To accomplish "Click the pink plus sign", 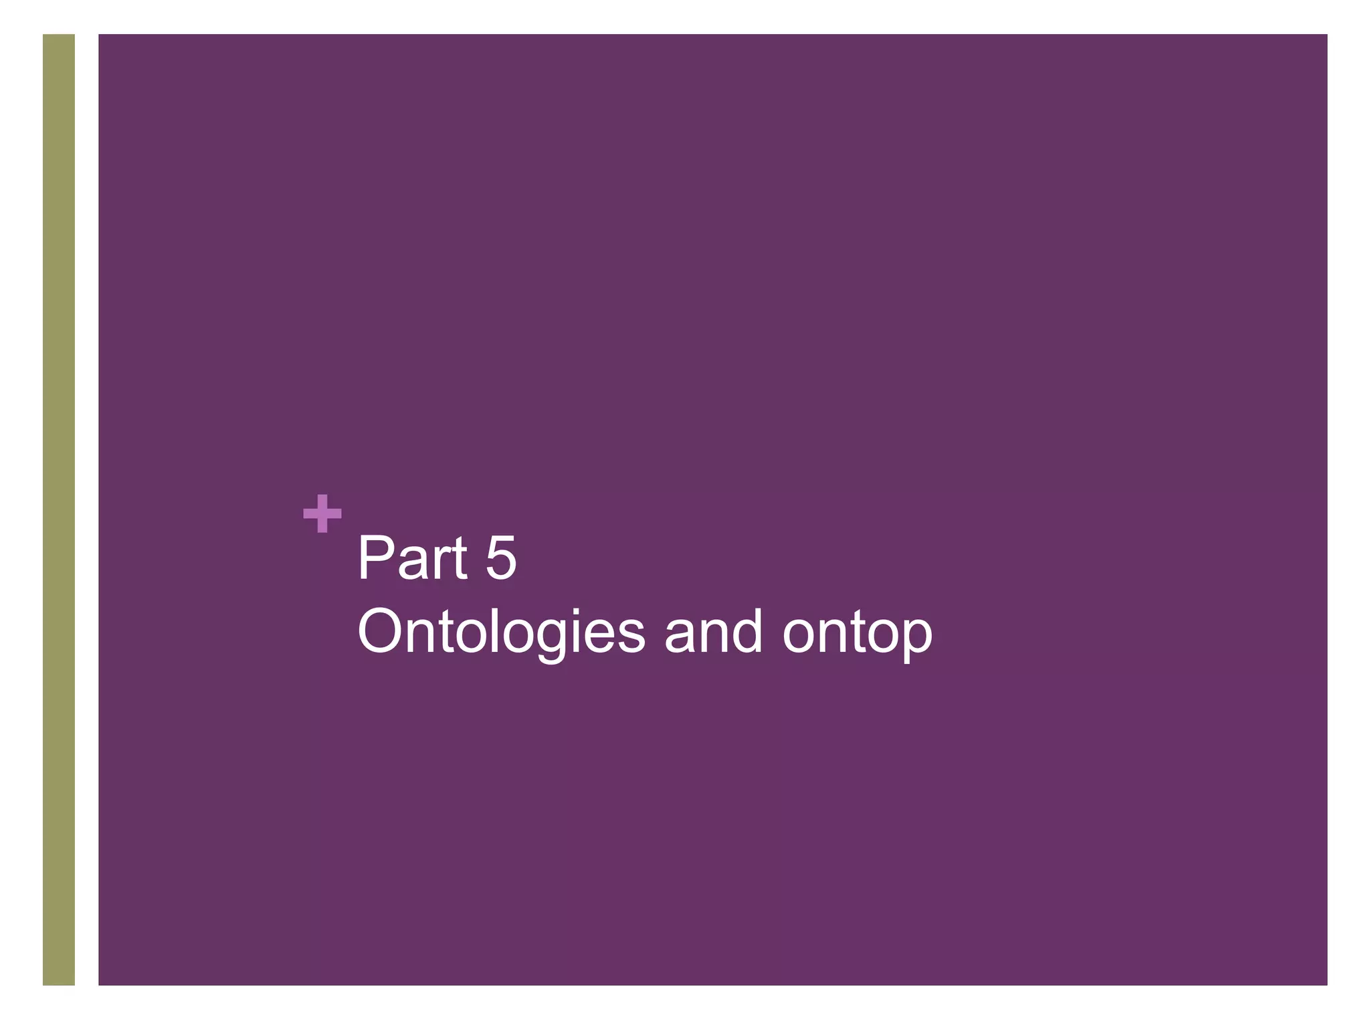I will pyautogui.click(x=322, y=514).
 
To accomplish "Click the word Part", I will pyautogui.click(x=411, y=558).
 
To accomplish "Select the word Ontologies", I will pyautogui.click(x=501, y=632).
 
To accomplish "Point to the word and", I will pyautogui.click(x=713, y=632).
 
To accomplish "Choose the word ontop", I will pyautogui.click(x=857, y=632).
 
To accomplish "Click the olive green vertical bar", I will pyautogui.click(x=59, y=509).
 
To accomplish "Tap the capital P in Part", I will pyautogui.click(x=375, y=558).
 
